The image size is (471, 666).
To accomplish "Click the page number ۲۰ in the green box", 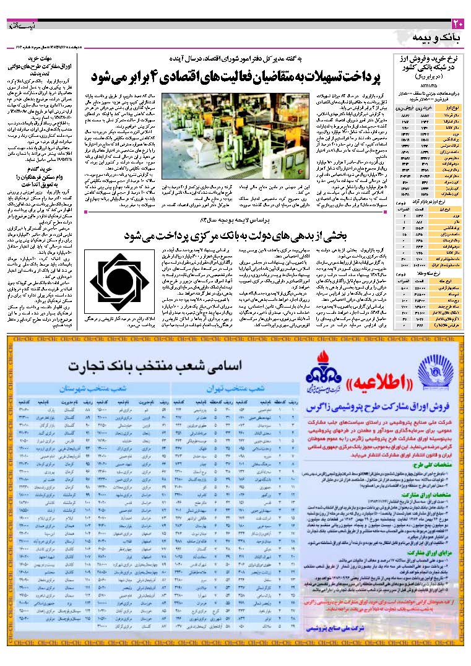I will [457, 24].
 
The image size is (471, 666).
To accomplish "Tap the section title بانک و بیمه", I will [437, 39].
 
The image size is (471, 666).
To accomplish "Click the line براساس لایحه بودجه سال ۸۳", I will [248, 220].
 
